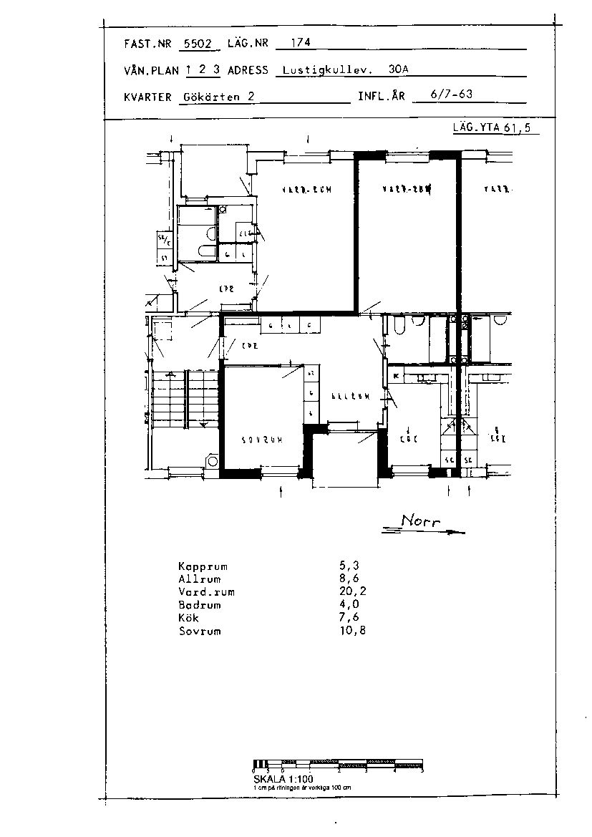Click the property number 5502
198,44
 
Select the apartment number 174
301,43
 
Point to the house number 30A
399,70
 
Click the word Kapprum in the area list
203,566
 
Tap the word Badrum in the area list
200,605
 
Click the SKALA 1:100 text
283,778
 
